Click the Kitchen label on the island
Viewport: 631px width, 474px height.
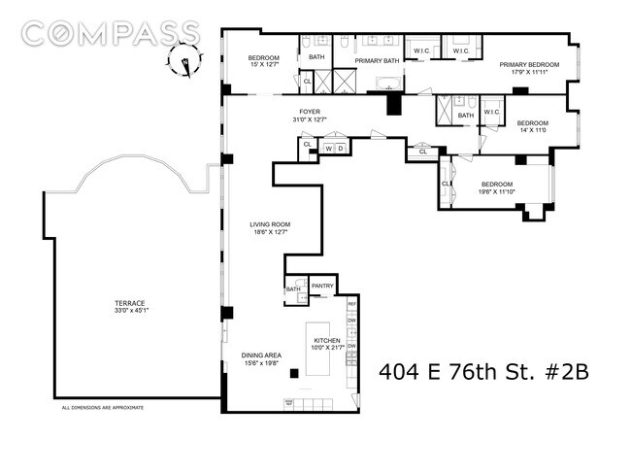pos(326,341)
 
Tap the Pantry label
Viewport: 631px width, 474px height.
pos(323,286)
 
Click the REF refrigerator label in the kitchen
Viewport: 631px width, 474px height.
pos(352,304)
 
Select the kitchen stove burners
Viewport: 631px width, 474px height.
pos(289,402)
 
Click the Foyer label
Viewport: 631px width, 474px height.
pos(310,112)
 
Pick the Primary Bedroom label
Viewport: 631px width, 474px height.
pos(524,65)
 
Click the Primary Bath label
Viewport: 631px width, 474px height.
pos(377,60)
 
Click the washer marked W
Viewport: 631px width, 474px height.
pos(329,149)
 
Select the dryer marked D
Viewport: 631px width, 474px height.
pos(340,149)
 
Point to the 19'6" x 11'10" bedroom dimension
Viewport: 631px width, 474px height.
pos(502,191)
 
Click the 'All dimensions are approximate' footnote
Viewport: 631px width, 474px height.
pos(103,408)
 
